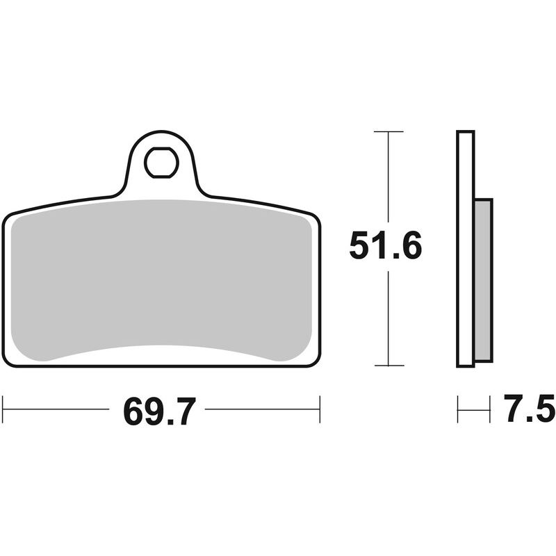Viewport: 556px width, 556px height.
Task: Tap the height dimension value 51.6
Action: pyautogui.click(x=386, y=246)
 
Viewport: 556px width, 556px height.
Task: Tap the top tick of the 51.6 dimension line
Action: pyautogui.click(x=388, y=131)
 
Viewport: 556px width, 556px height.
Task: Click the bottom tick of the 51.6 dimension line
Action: pyautogui.click(x=388, y=366)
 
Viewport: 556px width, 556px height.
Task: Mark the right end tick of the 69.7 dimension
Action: pyautogui.click(x=320, y=409)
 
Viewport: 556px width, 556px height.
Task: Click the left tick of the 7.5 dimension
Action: pyautogui.click(x=458, y=409)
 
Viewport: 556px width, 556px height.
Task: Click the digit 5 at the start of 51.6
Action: pyautogui.click(x=360, y=246)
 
